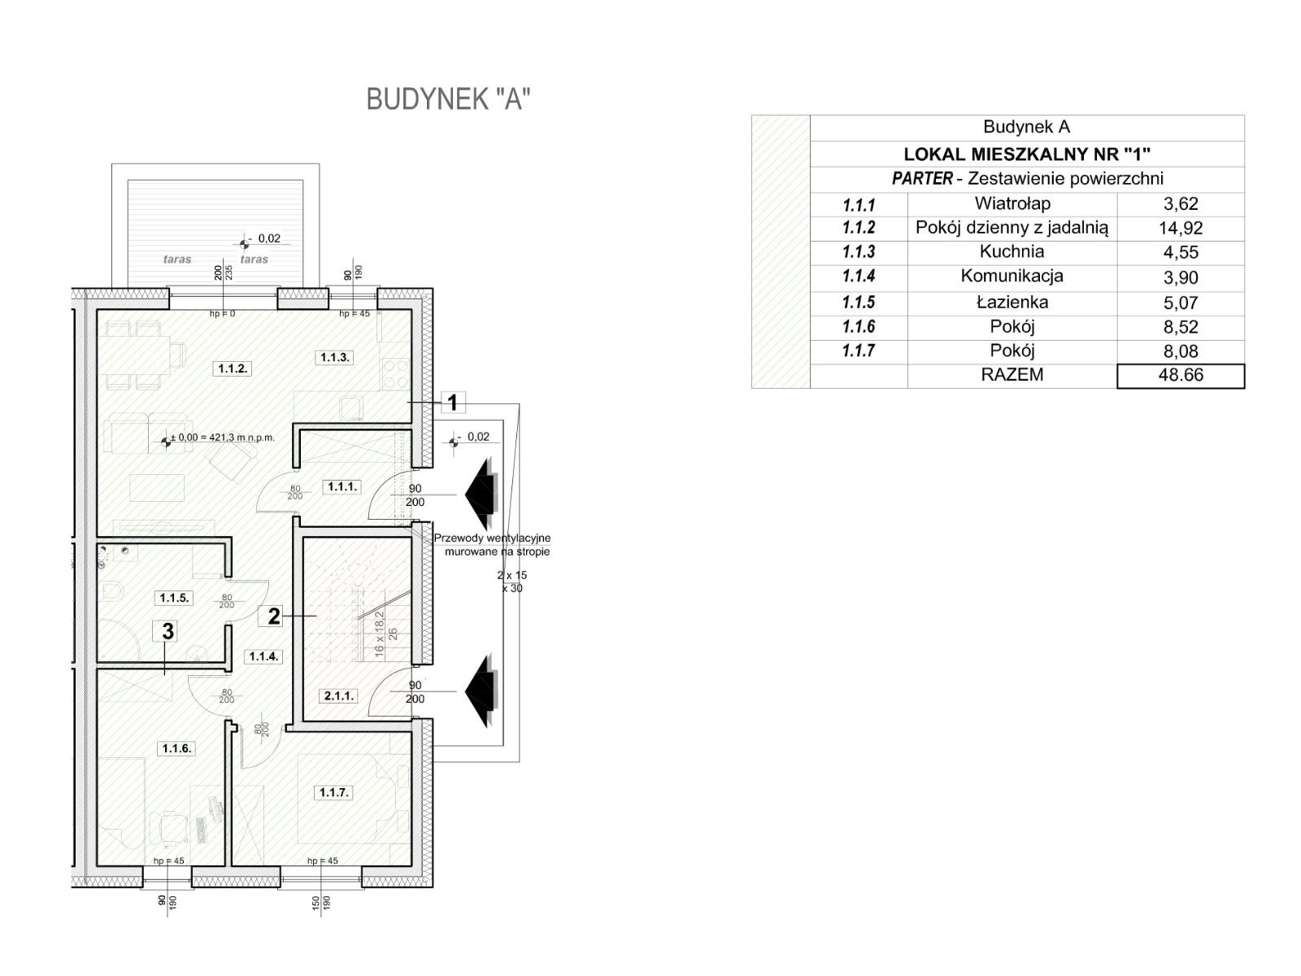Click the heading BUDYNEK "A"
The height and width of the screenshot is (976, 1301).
click(448, 99)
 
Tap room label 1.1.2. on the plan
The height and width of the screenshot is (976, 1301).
click(233, 368)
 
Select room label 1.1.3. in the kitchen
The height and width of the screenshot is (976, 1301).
click(334, 357)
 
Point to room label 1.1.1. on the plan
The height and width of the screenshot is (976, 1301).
click(342, 487)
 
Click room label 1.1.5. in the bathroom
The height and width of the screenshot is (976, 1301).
click(174, 598)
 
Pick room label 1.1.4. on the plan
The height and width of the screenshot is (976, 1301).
click(264, 656)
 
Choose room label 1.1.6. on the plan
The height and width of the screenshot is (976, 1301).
click(176, 748)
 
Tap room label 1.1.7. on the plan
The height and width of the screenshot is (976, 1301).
click(333, 792)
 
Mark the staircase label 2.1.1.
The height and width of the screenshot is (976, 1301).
click(338, 695)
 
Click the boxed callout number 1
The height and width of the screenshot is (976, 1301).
click(453, 402)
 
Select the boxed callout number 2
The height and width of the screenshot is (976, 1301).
click(274, 616)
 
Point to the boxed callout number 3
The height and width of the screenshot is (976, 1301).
click(168, 631)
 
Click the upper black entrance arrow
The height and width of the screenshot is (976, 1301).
click(482, 495)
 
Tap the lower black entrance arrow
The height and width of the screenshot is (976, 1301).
click(482, 691)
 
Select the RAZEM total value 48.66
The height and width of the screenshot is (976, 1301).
click(1180, 376)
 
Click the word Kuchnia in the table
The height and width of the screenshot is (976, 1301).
click(1012, 252)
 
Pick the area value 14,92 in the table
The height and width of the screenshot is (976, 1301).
click(1180, 229)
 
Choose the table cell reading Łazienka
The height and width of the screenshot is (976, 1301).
click(1012, 303)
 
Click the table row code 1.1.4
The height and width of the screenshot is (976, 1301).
click(859, 277)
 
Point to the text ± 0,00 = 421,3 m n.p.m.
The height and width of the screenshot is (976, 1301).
click(222, 438)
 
